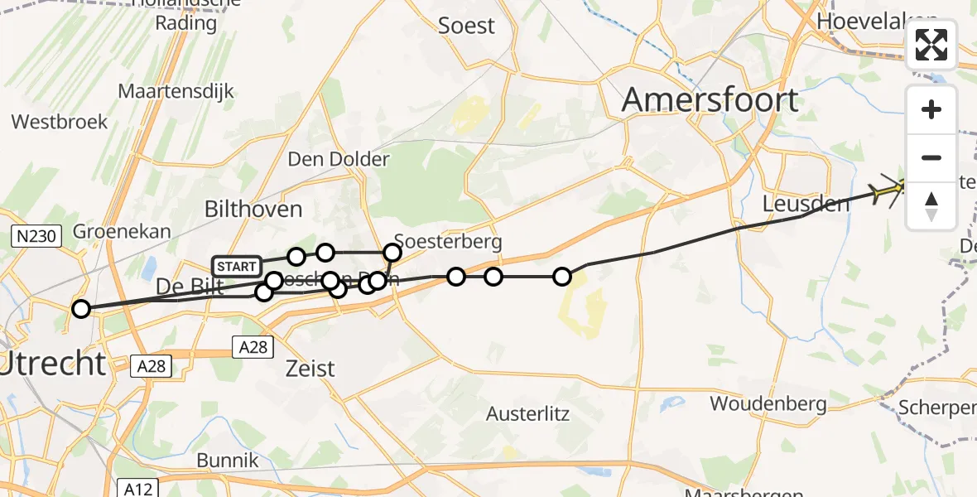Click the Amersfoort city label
[710, 100]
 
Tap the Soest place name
[466, 26]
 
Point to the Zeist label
[310, 368]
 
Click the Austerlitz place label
[527, 413]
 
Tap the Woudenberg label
[768, 404]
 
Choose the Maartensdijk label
[176, 91]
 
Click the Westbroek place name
[60, 123]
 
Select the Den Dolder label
[338, 158]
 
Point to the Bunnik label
[228, 461]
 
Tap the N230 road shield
[36, 237]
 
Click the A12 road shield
[136, 488]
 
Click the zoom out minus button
[931, 157]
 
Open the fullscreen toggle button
[931, 45]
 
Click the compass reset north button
[931, 205]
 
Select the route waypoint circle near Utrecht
[81, 309]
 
